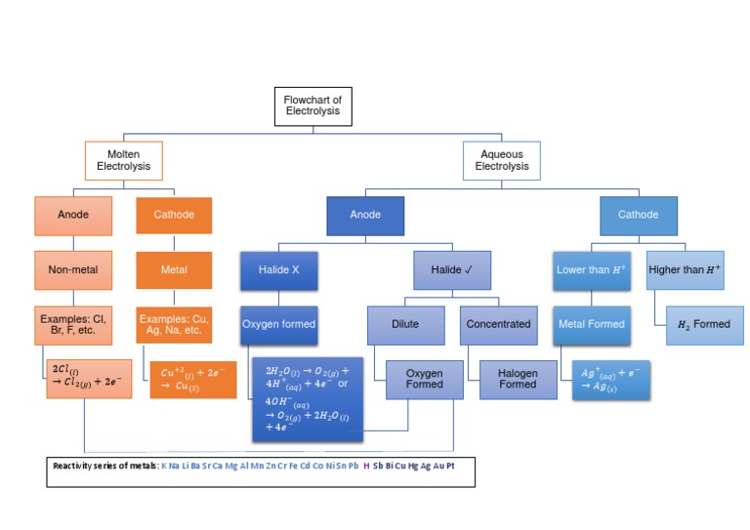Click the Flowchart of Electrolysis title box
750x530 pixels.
[312, 105]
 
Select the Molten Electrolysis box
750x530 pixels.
[123, 161]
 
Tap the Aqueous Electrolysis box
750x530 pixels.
[501, 161]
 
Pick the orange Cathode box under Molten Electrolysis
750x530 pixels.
[174, 215]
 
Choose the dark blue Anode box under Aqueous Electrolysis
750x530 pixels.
[364, 215]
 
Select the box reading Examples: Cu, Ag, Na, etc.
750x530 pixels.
[174, 324]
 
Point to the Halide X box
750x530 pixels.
[279, 269]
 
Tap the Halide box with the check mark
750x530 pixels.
[452, 269]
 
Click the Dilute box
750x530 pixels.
[404, 324]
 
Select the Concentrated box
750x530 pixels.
[498, 324]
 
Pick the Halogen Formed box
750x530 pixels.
[517, 379]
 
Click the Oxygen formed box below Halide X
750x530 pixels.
[279, 324]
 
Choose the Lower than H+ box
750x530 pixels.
[591, 269]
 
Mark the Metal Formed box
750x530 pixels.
[591, 324]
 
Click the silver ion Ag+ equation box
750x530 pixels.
[609, 380]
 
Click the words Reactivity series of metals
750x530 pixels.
[104, 467]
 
